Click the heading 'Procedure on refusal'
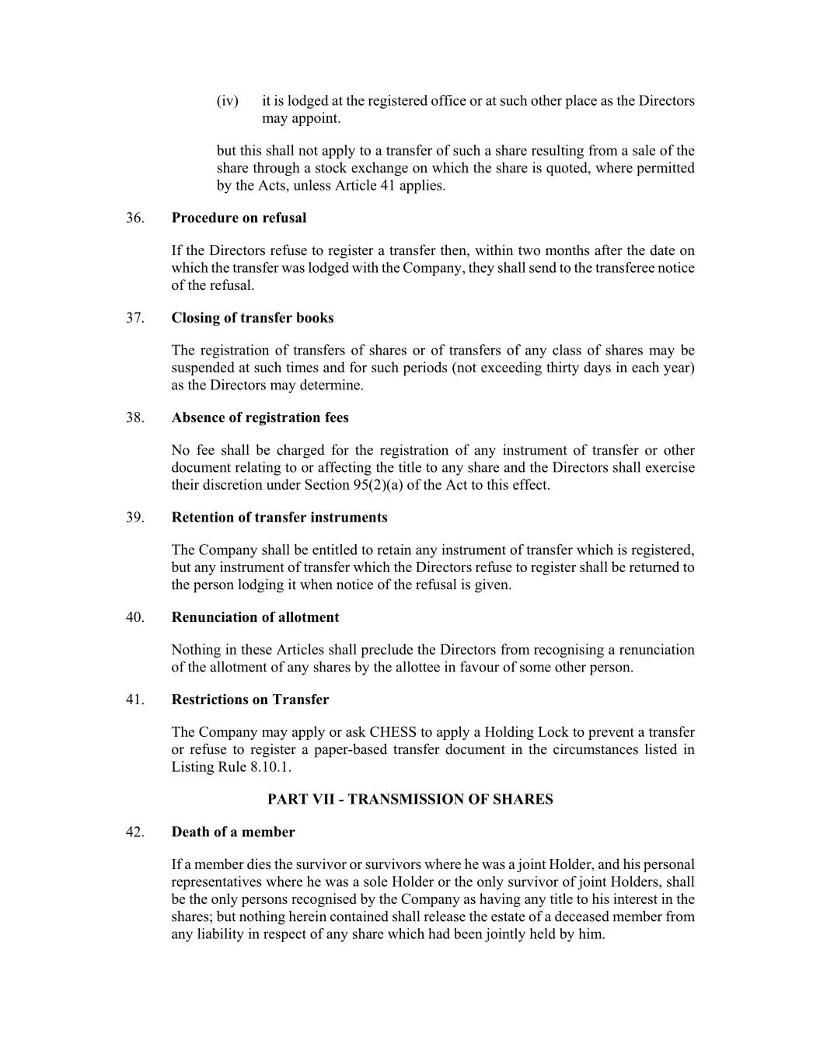pyautogui.click(x=239, y=218)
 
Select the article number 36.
pyautogui.click(x=135, y=218)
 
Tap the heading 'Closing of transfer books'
pyautogui.click(x=253, y=318)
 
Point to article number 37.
pyautogui.click(x=135, y=318)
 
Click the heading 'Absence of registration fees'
pyautogui.click(x=260, y=417)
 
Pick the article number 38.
pyautogui.click(x=135, y=417)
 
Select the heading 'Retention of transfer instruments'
pyautogui.click(x=279, y=518)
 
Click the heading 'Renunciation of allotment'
pyautogui.click(x=255, y=617)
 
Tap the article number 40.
pyautogui.click(x=135, y=617)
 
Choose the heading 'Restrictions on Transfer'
pyautogui.click(x=249, y=700)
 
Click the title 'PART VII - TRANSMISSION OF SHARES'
pyautogui.click(x=410, y=799)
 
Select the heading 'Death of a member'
pyautogui.click(x=233, y=832)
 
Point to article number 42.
pyautogui.click(x=135, y=832)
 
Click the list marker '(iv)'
pyautogui.click(x=227, y=101)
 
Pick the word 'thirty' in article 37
pyautogui.click(x=568, y=368)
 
